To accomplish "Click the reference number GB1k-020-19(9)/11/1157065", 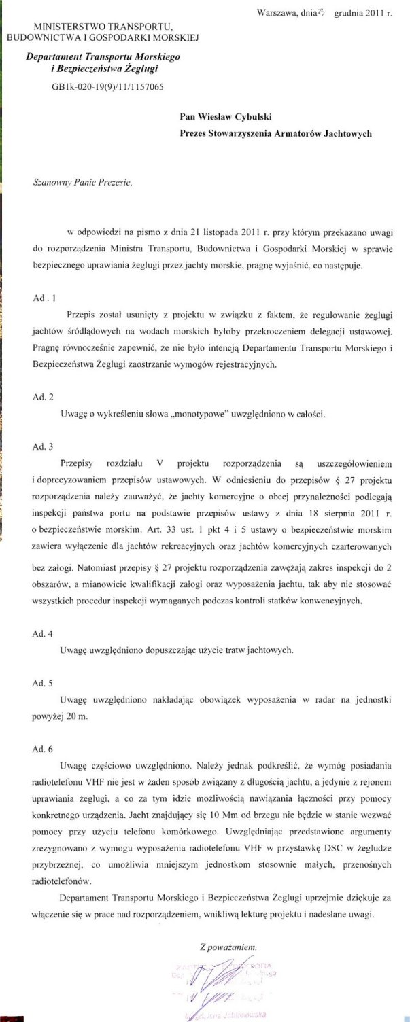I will pos(102,87).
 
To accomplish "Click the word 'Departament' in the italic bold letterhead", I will pos(54,60).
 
